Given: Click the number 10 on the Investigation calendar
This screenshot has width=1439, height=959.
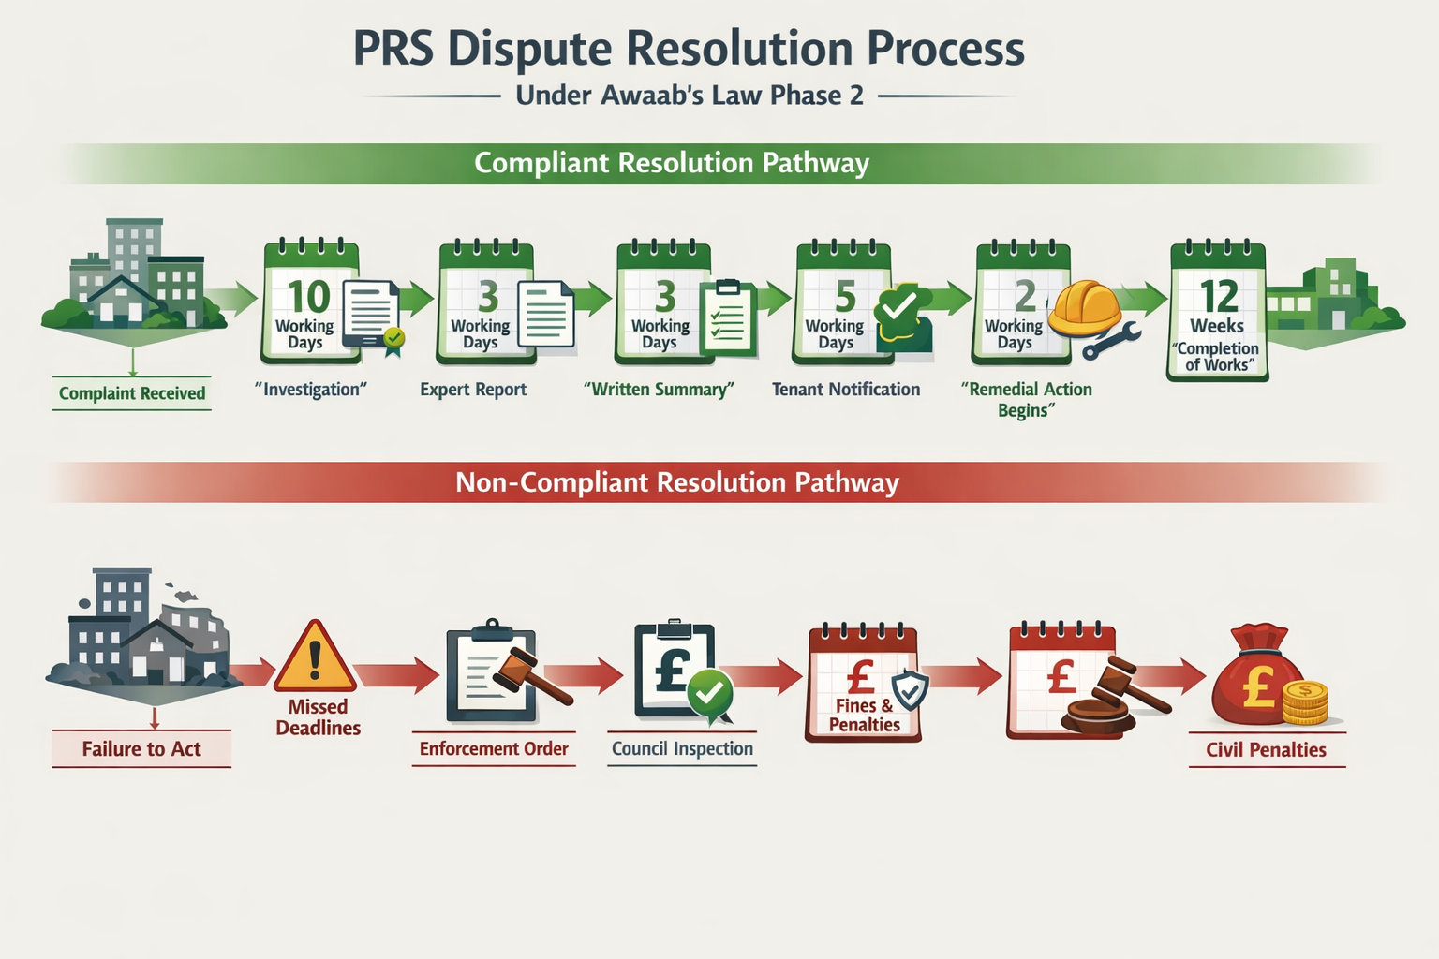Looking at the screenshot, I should [308, 297].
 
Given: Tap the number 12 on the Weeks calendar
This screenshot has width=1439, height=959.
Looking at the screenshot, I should [1219, 297].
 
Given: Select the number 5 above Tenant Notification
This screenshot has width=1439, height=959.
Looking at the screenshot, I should [845, 297].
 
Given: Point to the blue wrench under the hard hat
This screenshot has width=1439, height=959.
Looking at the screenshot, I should [1110, 341].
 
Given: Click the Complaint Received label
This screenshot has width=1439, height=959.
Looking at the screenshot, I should [132, 393].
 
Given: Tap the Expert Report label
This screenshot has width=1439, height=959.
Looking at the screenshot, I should [473, 390].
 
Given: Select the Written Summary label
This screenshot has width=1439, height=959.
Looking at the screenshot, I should [659, 390].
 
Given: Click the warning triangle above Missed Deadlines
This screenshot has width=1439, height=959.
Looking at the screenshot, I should [315, 657].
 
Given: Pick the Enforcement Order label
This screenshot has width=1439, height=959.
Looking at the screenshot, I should [494, 749].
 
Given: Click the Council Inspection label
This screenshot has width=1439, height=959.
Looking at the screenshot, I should [682, 749].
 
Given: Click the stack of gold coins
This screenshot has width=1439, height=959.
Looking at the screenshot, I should [1305, 703].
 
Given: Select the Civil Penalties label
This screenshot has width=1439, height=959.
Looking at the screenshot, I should [1266, 750].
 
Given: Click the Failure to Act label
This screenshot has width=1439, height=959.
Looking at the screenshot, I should [141, 749].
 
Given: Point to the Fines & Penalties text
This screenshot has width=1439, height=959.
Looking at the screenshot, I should [864, 716].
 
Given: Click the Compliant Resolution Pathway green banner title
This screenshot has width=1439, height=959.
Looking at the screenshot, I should [672, 163].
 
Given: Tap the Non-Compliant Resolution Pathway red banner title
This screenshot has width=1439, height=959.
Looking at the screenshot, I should [676, 482].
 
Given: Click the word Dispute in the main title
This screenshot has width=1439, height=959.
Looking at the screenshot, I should [528, 49].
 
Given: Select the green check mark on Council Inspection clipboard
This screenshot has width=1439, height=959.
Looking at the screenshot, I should [710, 693].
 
